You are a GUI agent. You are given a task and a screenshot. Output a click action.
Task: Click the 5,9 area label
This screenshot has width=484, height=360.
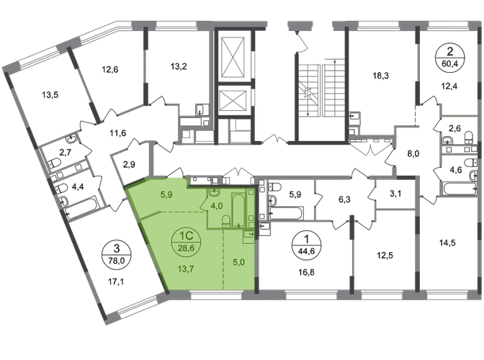(166, 193)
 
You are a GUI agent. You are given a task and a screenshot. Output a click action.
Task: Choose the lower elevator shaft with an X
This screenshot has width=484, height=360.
(235, 96)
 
